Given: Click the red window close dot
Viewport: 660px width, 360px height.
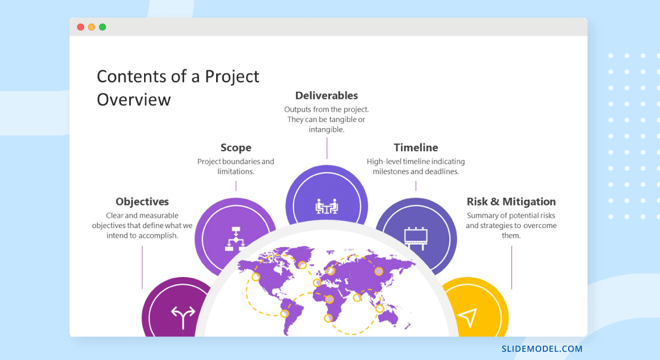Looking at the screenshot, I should [x=80, y=27].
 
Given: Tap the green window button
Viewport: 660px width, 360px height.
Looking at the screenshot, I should [x=102, y=27].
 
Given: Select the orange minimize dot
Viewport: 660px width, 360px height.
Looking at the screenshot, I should [x=91, y=27].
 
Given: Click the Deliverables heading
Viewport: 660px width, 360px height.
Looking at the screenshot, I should [x=327, y=96].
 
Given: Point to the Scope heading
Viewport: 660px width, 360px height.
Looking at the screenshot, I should [x=236, y=147].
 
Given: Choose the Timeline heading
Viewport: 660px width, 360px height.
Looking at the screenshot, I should [x=416, y=147].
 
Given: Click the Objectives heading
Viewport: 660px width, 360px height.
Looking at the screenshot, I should [x=142, y=202].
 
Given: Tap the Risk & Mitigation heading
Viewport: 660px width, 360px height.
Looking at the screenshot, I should [x=511, y=202].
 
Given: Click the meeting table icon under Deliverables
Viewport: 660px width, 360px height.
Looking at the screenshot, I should [x=327, y=207].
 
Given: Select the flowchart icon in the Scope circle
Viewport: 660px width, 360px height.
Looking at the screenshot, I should [x=237, y=240].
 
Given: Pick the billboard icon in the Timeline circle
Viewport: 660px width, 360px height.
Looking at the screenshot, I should [x=416, y=237].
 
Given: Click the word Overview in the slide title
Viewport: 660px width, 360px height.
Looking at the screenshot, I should [x=134, y=99].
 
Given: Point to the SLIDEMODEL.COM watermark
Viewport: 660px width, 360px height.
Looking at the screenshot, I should [x=542, y=348].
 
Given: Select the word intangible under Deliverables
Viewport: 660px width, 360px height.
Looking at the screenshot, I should [x=326, y=130].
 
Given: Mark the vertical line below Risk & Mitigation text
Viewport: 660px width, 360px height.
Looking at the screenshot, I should [x=512, y=267].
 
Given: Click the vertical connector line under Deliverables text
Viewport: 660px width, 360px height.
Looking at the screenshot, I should [x=327, y=148].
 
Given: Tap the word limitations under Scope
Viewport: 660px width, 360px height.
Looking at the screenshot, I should [x=235, y=171].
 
